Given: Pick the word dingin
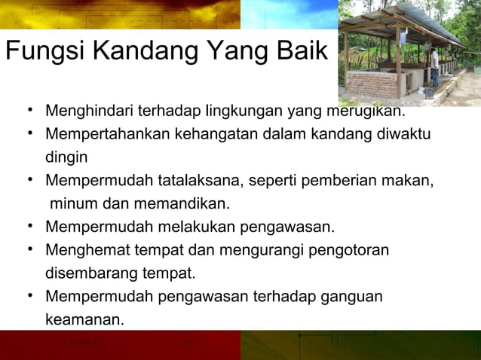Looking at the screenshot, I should click(x=66, y=158).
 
